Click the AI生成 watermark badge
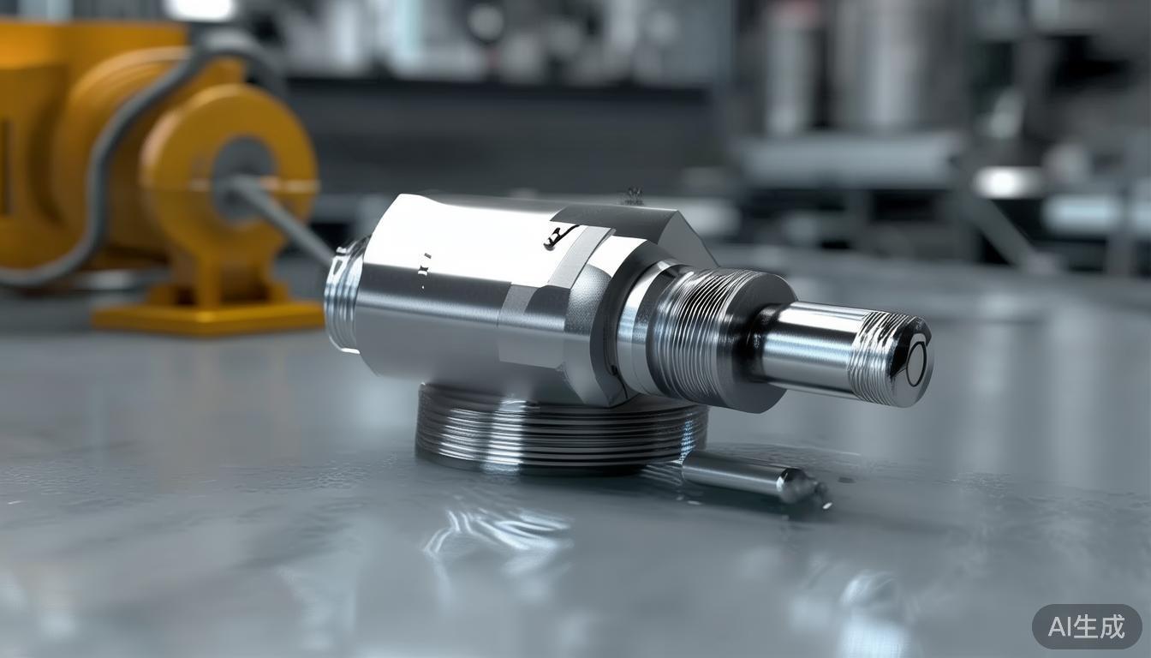(x=1086, y=626)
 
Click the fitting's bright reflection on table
(x=497, y=531)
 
